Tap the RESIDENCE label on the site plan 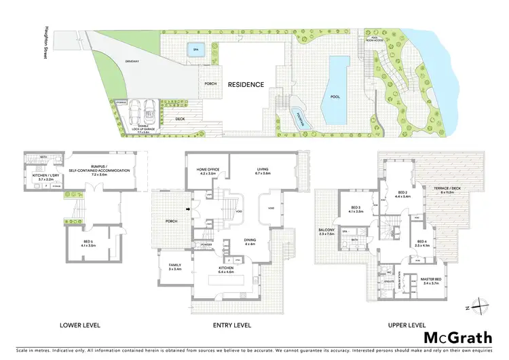[246, 85]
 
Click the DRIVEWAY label [132, 61]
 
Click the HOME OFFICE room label [206, 171]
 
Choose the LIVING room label [263, 171]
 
